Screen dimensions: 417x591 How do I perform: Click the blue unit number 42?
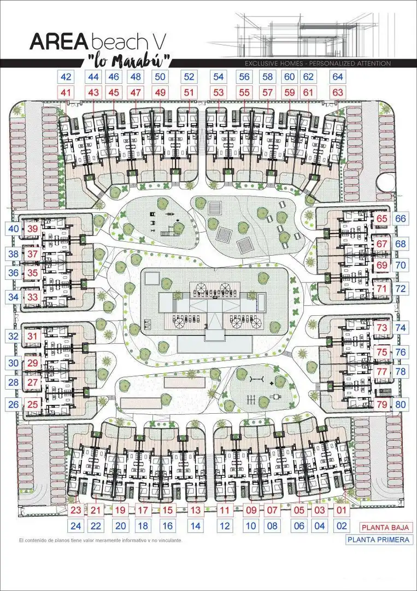coord(66,77)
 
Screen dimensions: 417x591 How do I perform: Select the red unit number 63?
coord(338,92)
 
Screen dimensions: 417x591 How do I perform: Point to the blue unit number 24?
coord(75,526)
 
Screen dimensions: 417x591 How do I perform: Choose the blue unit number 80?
coord(401,405)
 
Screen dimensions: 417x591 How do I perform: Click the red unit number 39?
coord(33,229)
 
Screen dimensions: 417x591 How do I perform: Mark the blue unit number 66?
coord(401,218)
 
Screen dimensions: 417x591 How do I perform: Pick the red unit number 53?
coord(218,92)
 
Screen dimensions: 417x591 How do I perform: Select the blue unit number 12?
coord(224,526)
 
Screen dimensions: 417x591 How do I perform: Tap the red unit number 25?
coord(33,404)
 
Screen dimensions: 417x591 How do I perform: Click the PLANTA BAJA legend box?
coord(385,528)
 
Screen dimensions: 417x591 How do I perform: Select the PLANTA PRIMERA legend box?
coord(378,540)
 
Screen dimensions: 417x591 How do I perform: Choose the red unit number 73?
coord(381,328)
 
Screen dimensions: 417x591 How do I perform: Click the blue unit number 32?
coord(14,336)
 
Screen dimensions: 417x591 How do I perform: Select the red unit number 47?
coord(136,92)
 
